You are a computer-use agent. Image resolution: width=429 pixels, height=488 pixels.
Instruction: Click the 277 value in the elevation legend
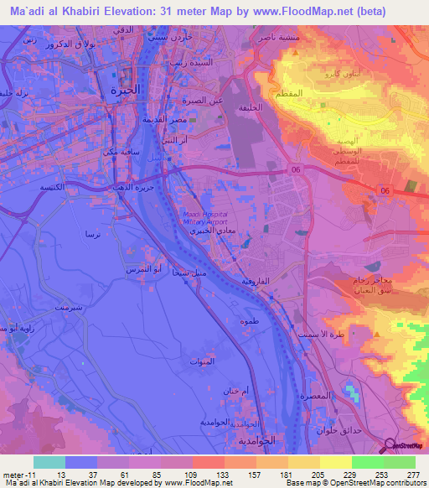pos(411,474)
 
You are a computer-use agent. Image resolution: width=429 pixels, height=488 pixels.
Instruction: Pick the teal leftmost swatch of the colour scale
pos(49,462)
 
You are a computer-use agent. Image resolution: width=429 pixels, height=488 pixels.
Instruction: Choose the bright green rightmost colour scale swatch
pos(399,462)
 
